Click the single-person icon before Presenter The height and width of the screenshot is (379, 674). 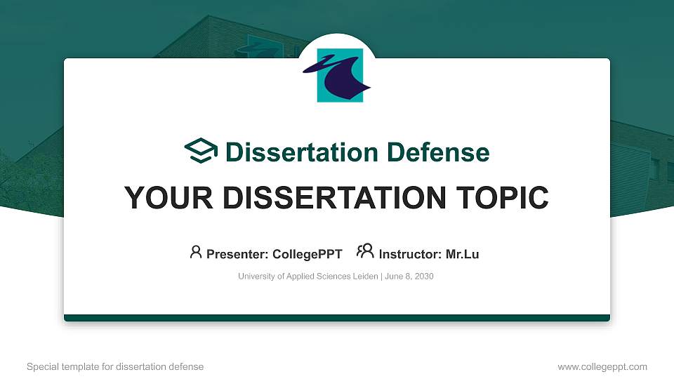196,253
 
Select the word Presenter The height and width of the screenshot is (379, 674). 233,254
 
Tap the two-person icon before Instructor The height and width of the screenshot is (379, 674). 365,253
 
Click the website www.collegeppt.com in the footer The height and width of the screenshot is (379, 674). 602,366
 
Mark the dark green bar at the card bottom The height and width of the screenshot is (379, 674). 337,318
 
